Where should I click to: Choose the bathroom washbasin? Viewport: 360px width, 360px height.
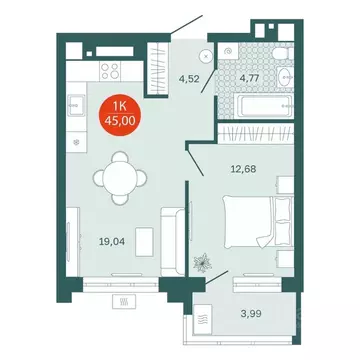click(285, 79)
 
